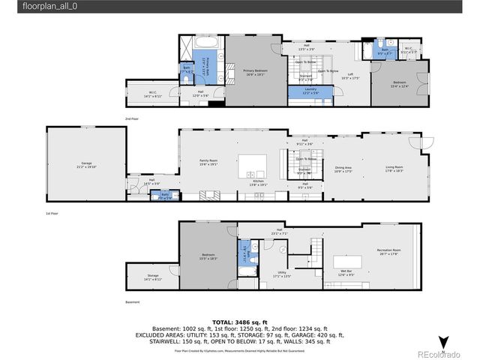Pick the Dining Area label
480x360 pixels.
coord(343,169)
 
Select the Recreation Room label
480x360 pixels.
coord(388,252)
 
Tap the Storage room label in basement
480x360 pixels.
coord(152,277)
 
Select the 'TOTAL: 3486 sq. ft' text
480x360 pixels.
coord(240,321)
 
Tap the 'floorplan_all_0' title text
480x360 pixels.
coord(49,6)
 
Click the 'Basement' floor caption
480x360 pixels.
coord(132,302)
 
